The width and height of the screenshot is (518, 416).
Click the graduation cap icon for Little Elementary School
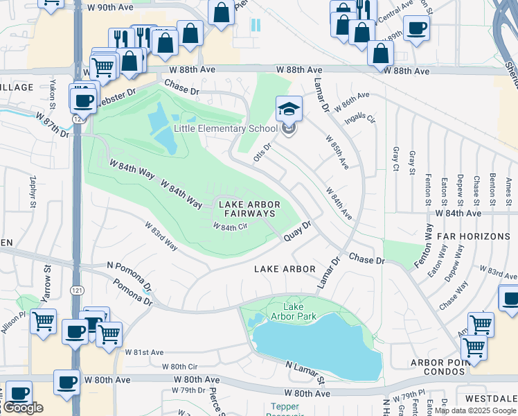[289, 109]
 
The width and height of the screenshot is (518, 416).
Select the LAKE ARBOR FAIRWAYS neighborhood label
[249, 209]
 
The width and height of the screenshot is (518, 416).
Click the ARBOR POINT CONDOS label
[440, 367]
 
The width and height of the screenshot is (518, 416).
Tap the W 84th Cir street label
[230, 227]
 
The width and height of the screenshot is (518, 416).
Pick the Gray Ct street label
[396, 159]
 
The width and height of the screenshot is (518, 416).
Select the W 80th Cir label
[179, 366]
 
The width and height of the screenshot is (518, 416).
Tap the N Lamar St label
[305, 372]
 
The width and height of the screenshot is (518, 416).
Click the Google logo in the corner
[23, 408]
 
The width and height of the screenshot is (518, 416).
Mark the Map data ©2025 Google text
[475, 410]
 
